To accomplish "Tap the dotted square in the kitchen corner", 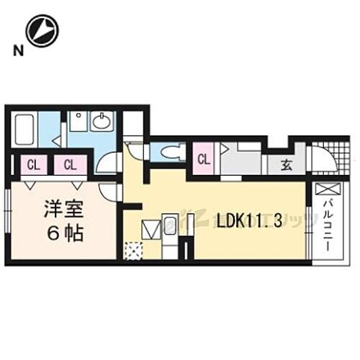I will (x=133, y=250).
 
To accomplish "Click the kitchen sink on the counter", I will (x=171, y=229).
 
